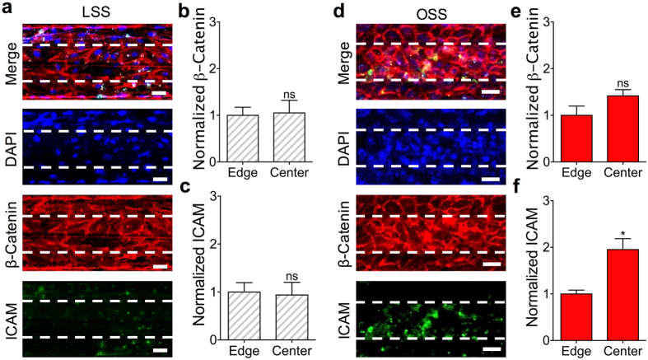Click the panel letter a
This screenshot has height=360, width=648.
7,9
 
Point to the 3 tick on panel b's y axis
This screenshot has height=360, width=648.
213,21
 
